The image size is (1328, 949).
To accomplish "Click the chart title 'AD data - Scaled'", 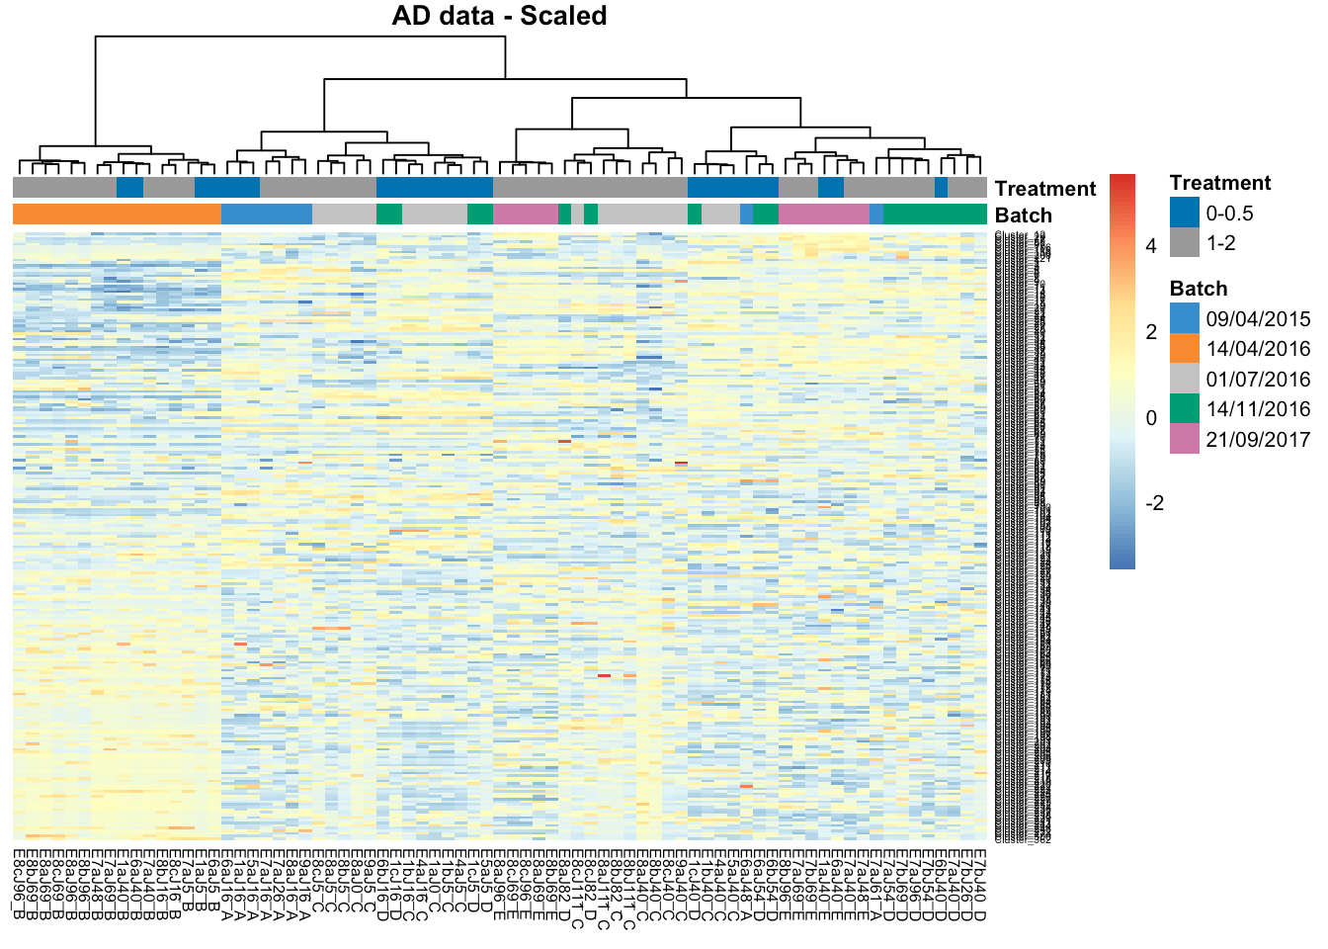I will click(x=499, y=16).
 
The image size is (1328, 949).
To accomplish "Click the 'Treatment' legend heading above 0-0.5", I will click(x=1220, y=183).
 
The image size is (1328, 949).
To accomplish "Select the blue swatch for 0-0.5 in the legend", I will click(x=1184, y=213).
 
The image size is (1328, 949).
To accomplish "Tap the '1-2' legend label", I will click(x=1220, y=243).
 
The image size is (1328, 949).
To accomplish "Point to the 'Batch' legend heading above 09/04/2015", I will click(x=1198, y=289).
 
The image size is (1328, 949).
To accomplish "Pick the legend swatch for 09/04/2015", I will click(x=1184, y=318).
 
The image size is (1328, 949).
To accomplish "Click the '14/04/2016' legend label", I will click(x=1258, y=349).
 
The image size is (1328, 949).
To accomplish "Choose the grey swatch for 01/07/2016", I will click(x=1184, y=379).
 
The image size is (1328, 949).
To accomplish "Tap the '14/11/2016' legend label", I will click(x=1258, y=409).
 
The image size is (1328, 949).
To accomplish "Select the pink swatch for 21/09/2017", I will click(x=1184, y=439).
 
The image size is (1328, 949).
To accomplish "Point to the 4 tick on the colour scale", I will click(x=1151, y=246).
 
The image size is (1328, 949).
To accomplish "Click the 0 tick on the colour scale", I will click(x=1151, y=418).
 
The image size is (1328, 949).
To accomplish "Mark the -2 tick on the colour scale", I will click(x=1153, y=503).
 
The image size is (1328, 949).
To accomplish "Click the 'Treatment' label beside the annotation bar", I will click(x=1044, y=189).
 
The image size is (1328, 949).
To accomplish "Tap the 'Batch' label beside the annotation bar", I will click(x=1023, y=216).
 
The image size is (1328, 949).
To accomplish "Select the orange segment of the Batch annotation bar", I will click(x=117, y=214).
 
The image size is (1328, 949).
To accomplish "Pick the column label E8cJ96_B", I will click(x=20, y=883).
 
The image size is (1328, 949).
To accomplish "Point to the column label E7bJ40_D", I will click(x=980, y=883).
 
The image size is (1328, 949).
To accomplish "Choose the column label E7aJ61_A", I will click(x=876, y=883).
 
